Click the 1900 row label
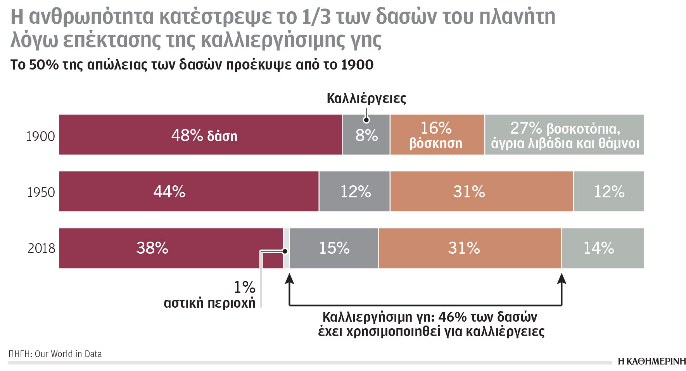(40, 136)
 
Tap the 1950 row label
(41, 192)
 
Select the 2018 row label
(41, 248)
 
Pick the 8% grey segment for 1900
(366, 135)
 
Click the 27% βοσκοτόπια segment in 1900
(564, 135)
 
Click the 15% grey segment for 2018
(333, 248)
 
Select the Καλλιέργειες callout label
(366, 99)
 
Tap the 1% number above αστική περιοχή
(244, 287)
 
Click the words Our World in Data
(68, 354)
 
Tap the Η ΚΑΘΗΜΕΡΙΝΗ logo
(651, 361)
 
